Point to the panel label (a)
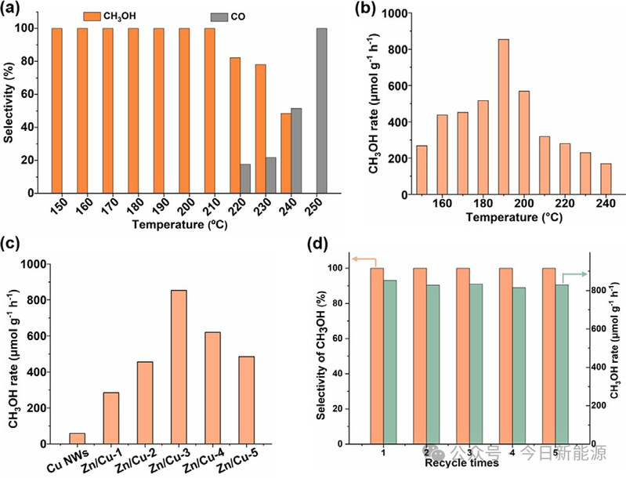point(16,13)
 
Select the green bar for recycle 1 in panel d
point(391,362)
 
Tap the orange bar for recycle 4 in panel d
point(505,356)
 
